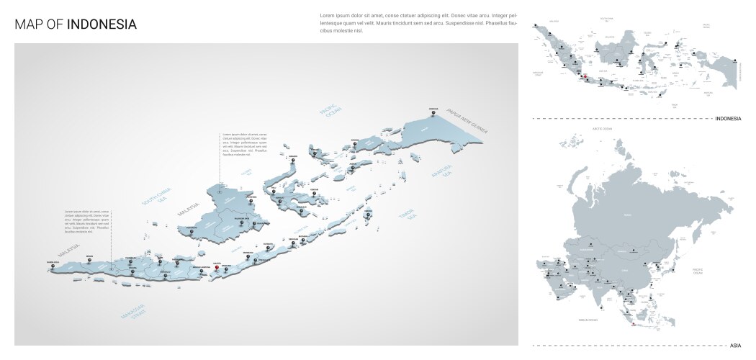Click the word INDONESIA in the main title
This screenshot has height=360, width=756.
pyautogui.click(x=102, y=24)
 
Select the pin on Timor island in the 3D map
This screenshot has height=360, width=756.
pyautogui.click(x=368, y=215)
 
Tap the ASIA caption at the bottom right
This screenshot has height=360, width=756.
pyautogui.click(x=734, y=346)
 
